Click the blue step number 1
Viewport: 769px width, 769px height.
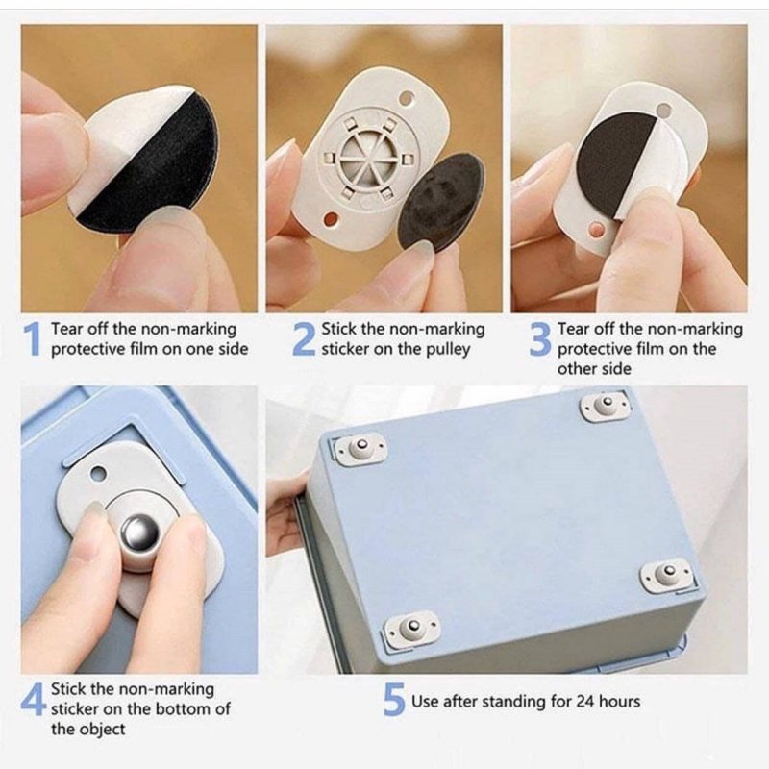point(32,338)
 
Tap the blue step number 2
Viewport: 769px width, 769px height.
point(304,338)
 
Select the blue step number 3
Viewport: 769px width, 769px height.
point(540,338)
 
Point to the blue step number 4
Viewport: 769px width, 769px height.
point(34,699)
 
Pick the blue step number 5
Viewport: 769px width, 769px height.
point(394,699)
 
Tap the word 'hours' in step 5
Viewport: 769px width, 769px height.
point(619,702)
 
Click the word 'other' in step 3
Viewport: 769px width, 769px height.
point(576,369)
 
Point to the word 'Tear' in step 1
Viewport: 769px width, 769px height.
point(67,329)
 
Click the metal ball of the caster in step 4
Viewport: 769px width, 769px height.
point(139,532)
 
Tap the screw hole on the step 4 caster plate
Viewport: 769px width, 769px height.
point(98,474)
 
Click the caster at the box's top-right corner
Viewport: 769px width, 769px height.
point(605,405)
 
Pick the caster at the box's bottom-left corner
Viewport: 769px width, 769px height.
point(411,629)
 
